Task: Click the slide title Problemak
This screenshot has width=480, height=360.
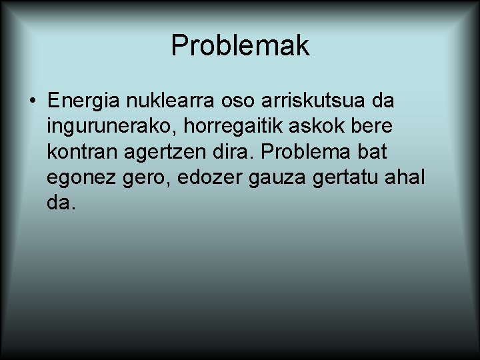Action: pos(240,46)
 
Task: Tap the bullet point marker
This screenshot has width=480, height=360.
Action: pos(32,102)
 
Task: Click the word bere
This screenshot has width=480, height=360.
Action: pos(371,127)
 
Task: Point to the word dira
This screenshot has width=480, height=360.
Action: pos(240,152)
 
